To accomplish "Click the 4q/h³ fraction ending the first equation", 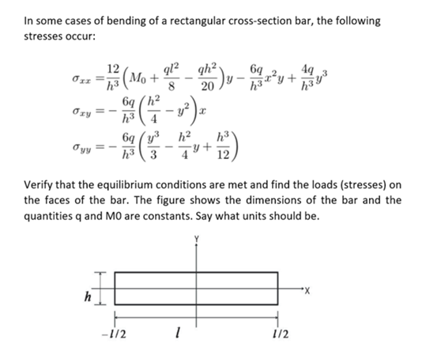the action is point(315,81).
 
